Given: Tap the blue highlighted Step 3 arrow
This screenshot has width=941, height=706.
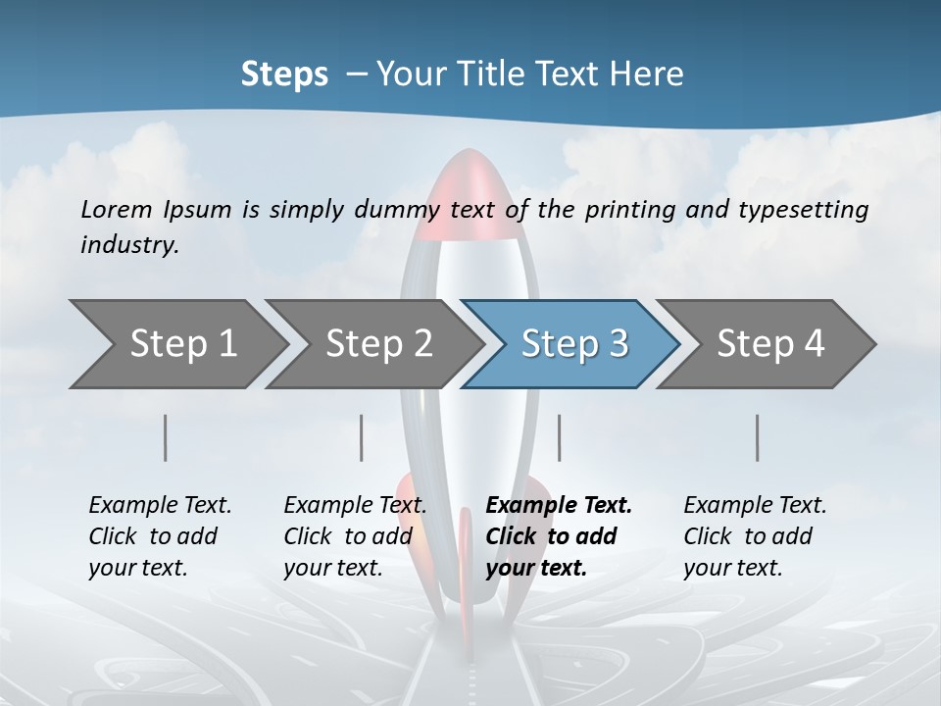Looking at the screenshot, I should click(x=573, y=344).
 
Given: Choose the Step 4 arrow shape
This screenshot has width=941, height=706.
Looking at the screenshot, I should click(x=769, y=344).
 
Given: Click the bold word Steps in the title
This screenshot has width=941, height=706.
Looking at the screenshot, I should click(x=284, y=74).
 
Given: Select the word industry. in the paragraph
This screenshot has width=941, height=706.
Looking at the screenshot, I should click(x=129, y=244).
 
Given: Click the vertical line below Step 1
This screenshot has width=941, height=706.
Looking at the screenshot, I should click(x=166, y=437).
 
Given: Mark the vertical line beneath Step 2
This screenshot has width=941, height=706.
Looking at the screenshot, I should click(x=362, y=437).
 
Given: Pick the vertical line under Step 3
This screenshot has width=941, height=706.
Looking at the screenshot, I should click(x=559, y=437).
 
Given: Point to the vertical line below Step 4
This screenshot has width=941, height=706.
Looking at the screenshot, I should click(x=757, y=437).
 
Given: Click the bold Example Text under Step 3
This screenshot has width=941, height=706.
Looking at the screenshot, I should click(x=559, y=506).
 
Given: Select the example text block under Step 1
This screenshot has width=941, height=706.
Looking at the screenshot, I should click(x=160, y=536).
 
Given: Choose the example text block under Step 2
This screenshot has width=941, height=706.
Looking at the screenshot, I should click(x=355, y=536).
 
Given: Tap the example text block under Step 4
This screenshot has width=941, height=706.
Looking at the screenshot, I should click(x=755, y=536).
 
